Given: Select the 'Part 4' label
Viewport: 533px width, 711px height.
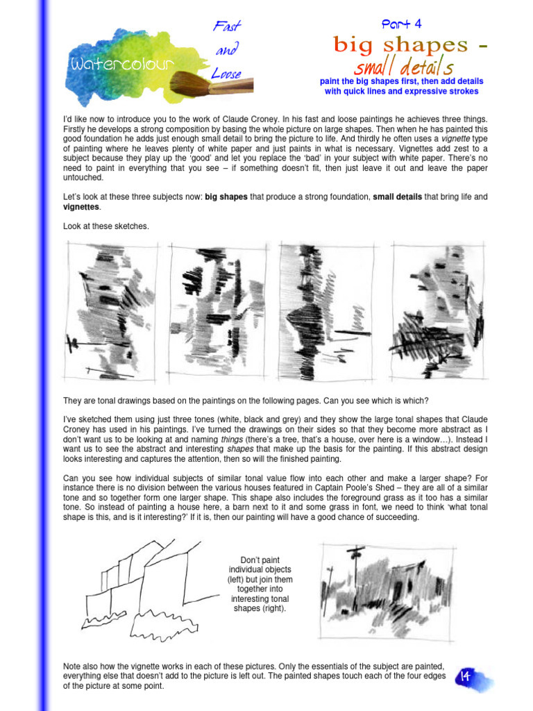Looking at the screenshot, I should pos(401,24).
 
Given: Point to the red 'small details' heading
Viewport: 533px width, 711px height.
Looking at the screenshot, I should pos(404,68).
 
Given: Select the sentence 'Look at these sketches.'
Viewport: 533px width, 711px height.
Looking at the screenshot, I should pos(106,227).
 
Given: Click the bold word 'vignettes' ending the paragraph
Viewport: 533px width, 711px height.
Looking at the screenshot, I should pos(81,208).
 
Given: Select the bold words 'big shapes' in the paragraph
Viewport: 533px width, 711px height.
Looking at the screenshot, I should pos(226,197).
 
